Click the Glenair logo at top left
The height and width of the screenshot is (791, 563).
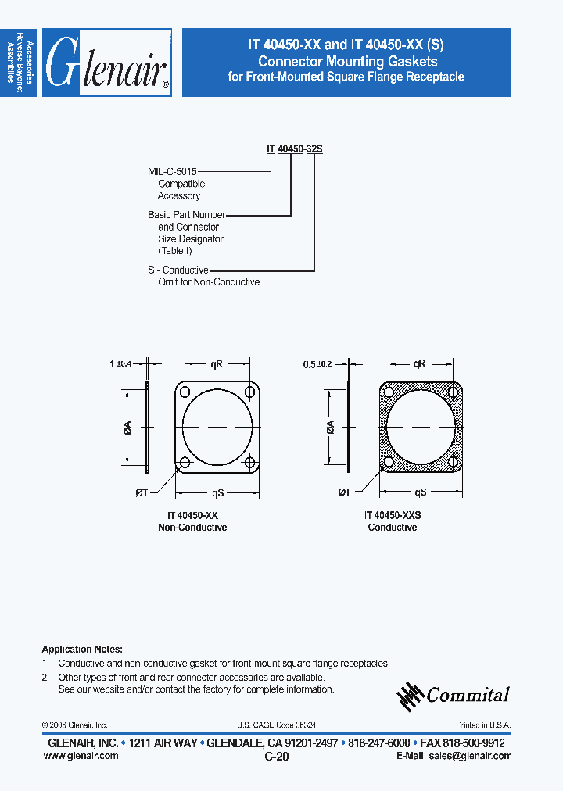click(107, 63)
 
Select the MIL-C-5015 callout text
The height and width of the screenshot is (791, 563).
click(173, 171)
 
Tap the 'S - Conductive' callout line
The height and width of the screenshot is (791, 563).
click(178, 270)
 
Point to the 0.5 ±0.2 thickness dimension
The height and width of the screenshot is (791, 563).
click(318, 363)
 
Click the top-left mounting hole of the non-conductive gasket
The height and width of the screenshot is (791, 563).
click(185, 392)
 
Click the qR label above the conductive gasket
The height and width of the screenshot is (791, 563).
click(420, 363)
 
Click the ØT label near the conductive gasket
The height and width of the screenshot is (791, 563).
click(343, 492)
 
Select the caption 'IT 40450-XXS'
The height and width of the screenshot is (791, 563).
click(392, 516)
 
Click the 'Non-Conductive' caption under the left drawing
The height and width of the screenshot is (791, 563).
click(192, 528)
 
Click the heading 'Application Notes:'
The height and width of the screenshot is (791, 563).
click(81, 650)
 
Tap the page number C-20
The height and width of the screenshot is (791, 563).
click(277, 757)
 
